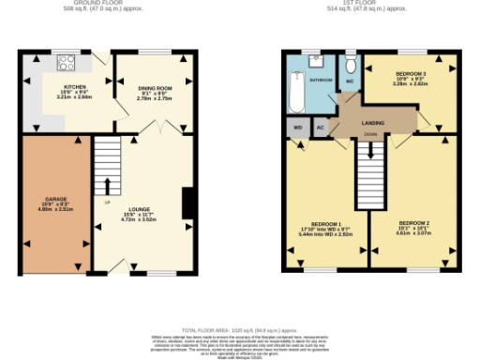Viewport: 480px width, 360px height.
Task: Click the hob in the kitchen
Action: point(67,65)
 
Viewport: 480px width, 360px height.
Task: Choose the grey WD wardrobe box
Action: point(298,127)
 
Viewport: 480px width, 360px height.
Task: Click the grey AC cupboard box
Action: point(320,127)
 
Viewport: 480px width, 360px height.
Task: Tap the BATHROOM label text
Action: point(322,81)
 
